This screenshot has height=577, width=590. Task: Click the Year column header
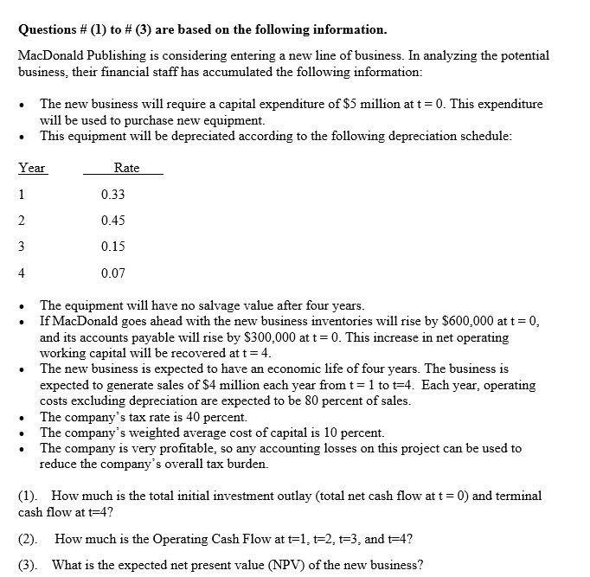pyautogui.click(x=32, y=168)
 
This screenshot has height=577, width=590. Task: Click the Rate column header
pyautogui.click(x=126, y=168)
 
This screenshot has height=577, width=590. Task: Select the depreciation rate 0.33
pyautogui.click(x=112, y=195)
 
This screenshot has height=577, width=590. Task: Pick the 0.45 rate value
pyautogui.click(x=112, y=221)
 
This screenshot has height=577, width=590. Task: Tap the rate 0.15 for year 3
pyautogui.click(x=112, y=247)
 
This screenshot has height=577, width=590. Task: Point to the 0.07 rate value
pyautogui.click(x=112, y=273)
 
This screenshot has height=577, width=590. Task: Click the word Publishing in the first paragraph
pyautogui.click(x=108, y=55)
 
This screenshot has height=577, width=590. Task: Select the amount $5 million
pyautogui.click(x=368, y=104)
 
